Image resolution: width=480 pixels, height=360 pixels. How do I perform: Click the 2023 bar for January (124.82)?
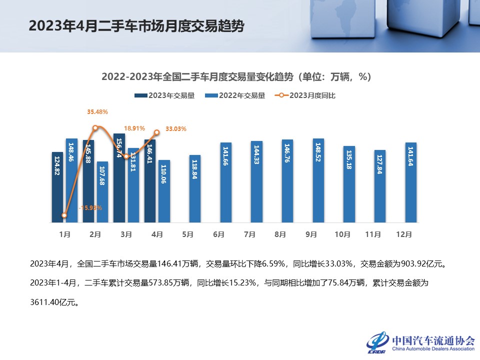coord(57,187)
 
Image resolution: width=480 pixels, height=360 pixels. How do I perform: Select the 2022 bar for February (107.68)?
coord(102,192)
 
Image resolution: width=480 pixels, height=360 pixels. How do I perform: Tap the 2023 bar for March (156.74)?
coord(119,178)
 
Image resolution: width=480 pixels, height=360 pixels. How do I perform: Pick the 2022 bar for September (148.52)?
coord(318,180)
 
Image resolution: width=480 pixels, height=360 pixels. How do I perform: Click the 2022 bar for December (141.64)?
coord(410,182)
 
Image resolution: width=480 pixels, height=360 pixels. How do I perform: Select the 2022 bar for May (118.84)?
coord(195,188)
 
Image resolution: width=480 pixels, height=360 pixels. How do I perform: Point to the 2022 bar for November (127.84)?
coord(380,186)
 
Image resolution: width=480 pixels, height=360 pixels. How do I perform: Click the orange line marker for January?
coord(64,215)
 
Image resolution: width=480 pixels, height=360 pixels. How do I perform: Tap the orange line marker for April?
coord(156,132)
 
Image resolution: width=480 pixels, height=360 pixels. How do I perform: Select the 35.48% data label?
coord(97,112)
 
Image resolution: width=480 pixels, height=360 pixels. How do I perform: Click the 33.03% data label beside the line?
coord(175,129)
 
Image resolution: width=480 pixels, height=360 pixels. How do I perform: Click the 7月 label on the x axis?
coord(249,234)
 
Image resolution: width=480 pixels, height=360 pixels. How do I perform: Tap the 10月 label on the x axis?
coord(342,234)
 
